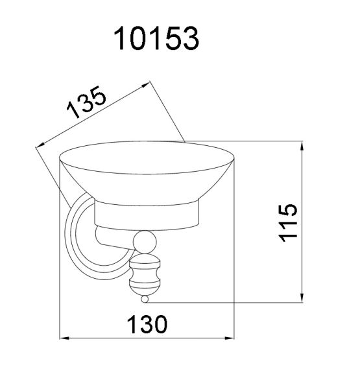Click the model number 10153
click(156, 39)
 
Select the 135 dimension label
click(86, 102)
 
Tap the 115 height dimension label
click(287, 222)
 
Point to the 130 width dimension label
click(147, 324)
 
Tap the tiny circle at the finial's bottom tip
click(145, 299)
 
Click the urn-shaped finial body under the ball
click(145, 275)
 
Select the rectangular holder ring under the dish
click(147, 215)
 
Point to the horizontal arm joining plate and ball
click(115, 237)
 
